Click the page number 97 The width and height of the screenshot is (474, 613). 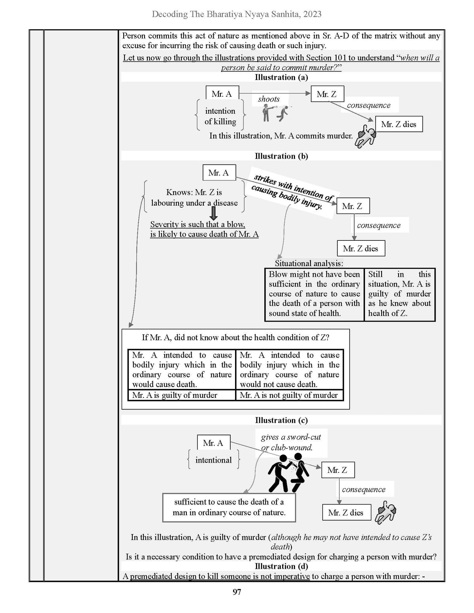click(237, 592)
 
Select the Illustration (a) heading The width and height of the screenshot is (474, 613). click(281, 77)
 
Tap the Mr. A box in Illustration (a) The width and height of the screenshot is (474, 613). click(222, 94)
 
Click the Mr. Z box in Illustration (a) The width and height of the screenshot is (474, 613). click(327, 94)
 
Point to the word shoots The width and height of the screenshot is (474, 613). click(269, 99)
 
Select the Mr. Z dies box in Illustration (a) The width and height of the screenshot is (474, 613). click(399, 124)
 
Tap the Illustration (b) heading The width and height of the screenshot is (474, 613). click(281, 156)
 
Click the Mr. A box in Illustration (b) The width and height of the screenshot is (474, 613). click(219, 172)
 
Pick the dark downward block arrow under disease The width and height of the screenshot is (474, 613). click(214, 213)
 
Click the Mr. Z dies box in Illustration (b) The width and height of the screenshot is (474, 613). click(361, 248)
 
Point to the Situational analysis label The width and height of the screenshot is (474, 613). click(309, 263)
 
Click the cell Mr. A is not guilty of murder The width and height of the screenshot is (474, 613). click(290, 395)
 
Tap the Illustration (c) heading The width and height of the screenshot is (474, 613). click(281, 420)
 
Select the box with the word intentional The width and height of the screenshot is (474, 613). click(213, 460)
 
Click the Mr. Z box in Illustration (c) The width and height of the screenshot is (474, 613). click(338, 470)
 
